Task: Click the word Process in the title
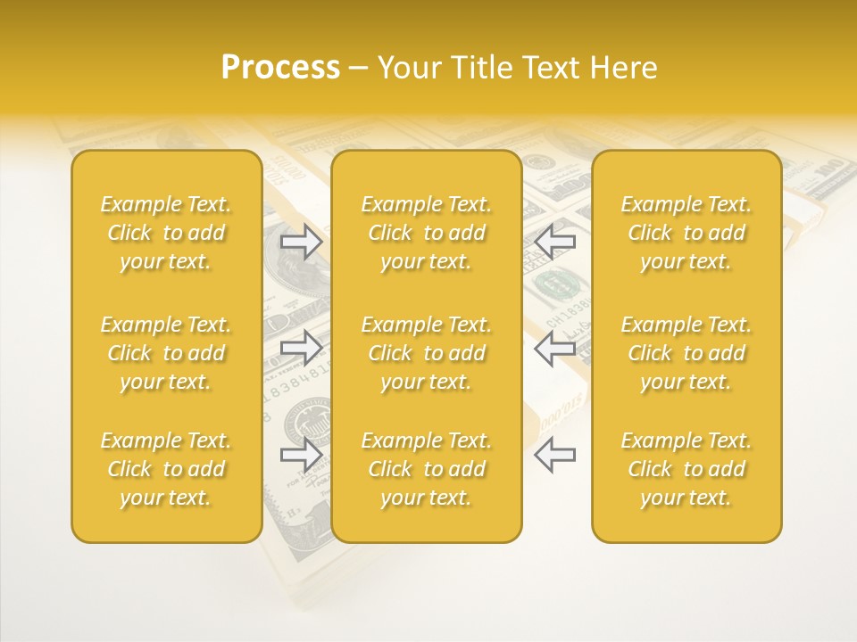coord(280,68)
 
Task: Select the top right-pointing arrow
coord(302,242)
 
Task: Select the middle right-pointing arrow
coord(302,347)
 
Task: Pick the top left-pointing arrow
coord(555,241)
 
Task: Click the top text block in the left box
coord(166,233)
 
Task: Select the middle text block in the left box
coord(166,353)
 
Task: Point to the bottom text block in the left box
coord(166,469)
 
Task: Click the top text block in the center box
coord(427,233)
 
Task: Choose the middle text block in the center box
coord(427,353)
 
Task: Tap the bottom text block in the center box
coord(427,469)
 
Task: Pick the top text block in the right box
coord(686,233)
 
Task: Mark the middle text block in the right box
coord(686,353)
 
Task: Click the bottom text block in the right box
coord(686,469)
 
